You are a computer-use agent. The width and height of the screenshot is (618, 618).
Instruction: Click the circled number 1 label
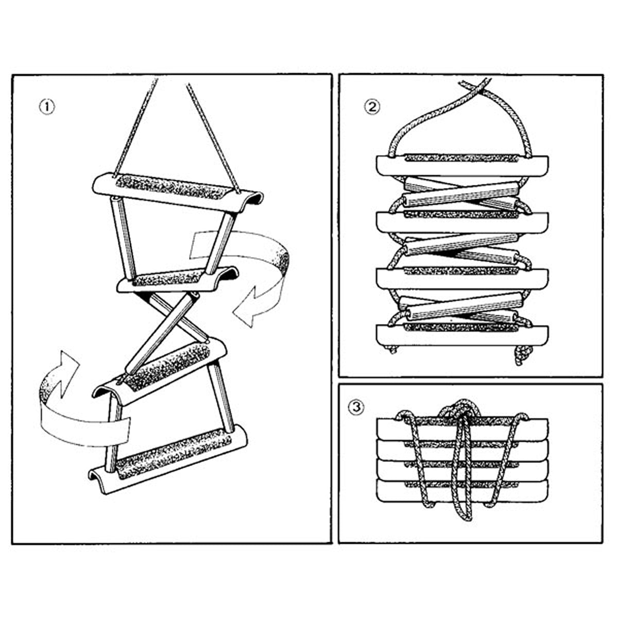click(x=47, y=107)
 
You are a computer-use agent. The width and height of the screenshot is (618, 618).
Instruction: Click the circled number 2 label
click(x=372, y=107)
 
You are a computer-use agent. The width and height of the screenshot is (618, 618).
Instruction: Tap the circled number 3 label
click(x=356, y=407)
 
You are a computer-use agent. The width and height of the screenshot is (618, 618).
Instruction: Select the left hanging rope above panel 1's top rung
click(x=135, y=129)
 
